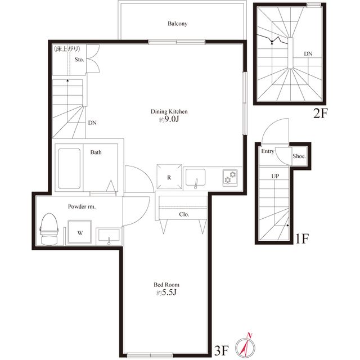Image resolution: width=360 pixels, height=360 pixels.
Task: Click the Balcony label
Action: point(177,24)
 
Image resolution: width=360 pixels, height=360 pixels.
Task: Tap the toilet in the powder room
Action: point(49,229)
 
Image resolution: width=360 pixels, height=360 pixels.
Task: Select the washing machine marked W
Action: point(80,232)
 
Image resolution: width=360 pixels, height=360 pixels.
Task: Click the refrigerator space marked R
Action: point(169,177)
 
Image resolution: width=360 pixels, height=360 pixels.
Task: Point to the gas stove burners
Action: point(230,178)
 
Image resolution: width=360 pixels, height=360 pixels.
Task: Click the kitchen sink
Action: point(195,178)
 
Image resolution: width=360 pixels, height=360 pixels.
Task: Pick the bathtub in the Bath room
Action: point(69,169)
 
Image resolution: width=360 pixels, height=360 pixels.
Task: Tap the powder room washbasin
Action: point(109,236)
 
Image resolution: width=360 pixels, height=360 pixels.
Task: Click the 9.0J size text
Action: point(169,119)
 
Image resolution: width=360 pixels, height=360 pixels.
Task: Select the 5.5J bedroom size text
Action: point(166,292)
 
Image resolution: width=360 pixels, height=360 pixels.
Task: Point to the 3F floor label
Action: point(222,350)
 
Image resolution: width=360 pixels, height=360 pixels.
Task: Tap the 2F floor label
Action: point(321,113)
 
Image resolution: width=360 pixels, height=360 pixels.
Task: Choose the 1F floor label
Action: point(302,238)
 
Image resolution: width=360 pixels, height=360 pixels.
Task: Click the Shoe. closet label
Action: point(299,156)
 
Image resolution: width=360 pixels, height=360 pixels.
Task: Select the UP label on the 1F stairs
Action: point(275,176)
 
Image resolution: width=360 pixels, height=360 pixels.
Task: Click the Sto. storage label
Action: point(79,60)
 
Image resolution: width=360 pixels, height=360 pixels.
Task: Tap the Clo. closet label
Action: point(184,214)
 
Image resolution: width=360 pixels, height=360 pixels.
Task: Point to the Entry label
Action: point(268,151)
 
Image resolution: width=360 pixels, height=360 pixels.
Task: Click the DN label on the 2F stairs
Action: point(308,54)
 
